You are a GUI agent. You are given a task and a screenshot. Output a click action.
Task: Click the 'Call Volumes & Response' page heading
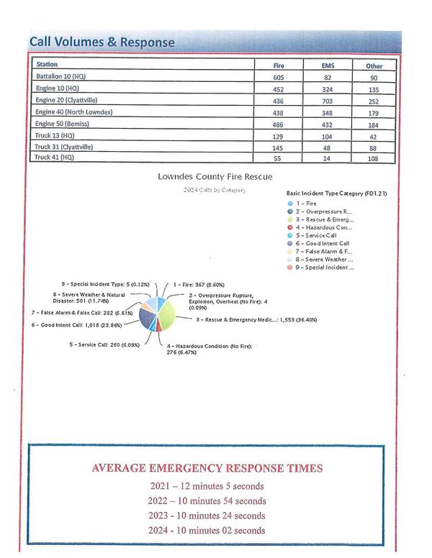(102, 42)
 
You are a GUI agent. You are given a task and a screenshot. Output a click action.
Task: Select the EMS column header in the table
(328, 65)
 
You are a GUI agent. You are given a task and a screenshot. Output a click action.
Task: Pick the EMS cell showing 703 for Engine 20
(328, 100)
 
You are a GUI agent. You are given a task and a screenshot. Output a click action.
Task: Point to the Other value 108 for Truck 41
(374, 157)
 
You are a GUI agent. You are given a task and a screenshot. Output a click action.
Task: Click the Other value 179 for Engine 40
(374, 112)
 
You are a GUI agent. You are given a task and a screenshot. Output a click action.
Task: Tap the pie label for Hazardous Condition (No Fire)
(205, 349)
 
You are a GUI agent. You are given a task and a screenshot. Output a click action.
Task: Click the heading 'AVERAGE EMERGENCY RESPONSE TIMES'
(207, 468)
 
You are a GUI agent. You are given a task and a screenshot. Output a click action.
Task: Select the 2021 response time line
(207, 485)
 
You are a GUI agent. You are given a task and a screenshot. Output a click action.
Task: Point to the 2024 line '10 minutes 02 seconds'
(207, 531)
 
